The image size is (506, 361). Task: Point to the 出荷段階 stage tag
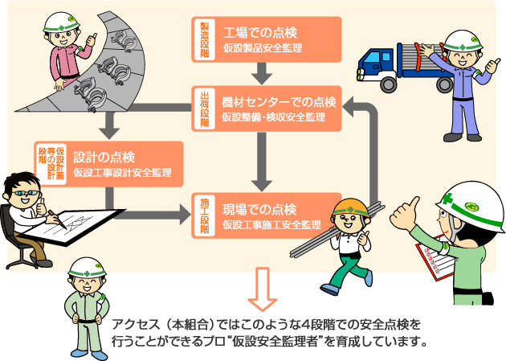click(x=204, y=106)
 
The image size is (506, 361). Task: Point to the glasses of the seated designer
click(x=21, y=195)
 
